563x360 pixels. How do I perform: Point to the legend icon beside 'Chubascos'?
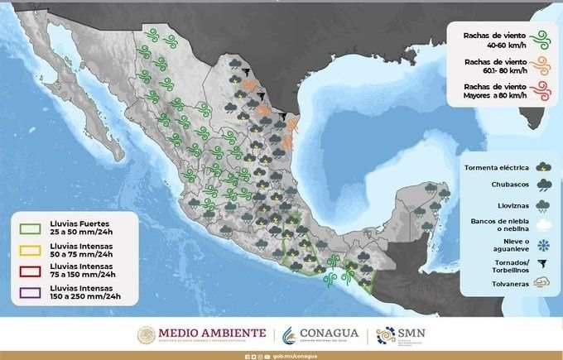pyautogui.click(x=544, y=185)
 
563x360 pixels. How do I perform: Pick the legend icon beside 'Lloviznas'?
pyautogui.click(x=544, y=204)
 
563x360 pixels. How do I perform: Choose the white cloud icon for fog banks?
pyautogui.click(x=544, y=224)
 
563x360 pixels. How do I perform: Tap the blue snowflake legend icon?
pyautogui.click(x=544, y=244)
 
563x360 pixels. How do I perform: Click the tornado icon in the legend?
pyautogui.click(x=544, y=265)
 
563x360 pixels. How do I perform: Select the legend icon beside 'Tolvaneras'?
pyautogui.click(x=544, y=285)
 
